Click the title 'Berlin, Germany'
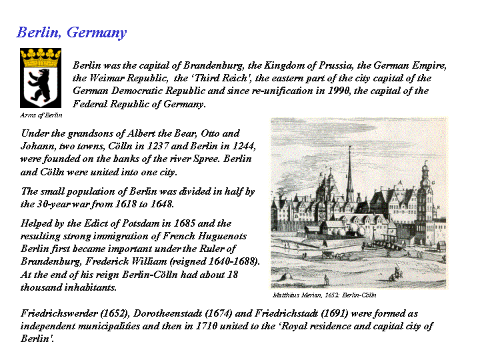pyautogui.click(x=71, y=33)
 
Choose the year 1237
pyautogui.click(x=168, y=147)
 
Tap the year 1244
pyautogui.click(x=243, y=147)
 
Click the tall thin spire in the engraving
pyautogui.click(x=349, y=170)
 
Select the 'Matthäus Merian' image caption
pyautogui.click(x=325, y=294)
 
